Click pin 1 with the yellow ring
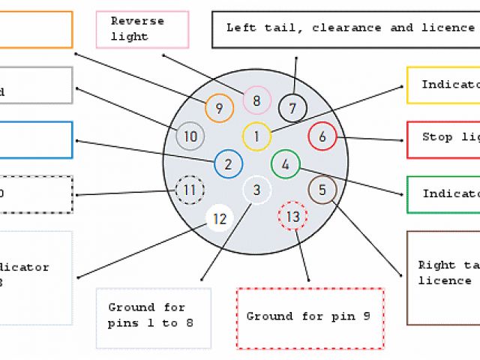[256, 136]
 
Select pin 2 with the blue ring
[228, 164]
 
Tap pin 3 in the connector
[256, 190]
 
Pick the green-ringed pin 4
[285, 163]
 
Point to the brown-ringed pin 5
[322, 190]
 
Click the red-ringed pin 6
[322, 136]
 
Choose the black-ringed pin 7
[292, 108]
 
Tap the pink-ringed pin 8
[256, 100]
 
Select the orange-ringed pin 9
[219, 108]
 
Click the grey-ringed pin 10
[190, 136]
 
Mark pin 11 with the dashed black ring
[189, 190]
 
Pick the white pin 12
[220, 218]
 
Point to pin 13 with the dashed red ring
[292, 217]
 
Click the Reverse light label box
[142, 29]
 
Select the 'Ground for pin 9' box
[310, 317]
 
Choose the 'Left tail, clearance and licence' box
[346, 28]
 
